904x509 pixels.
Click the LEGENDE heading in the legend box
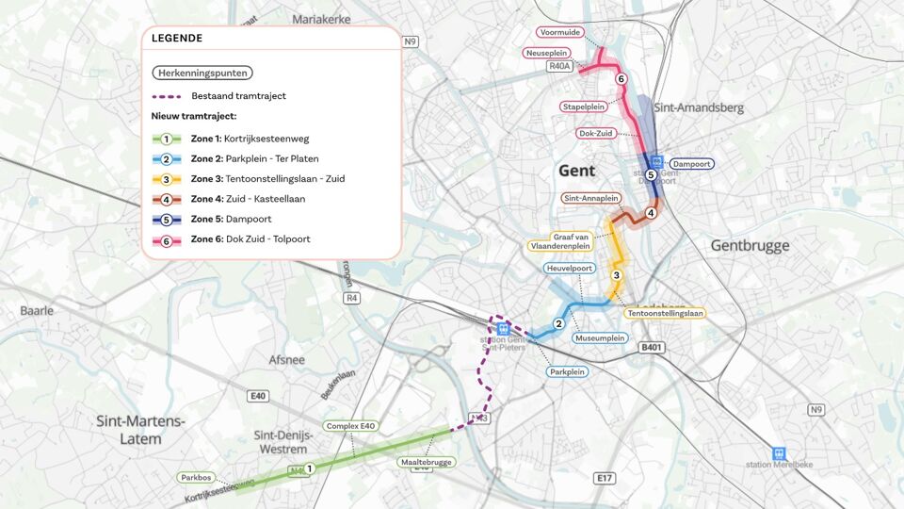(177, 39)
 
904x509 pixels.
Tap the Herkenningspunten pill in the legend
(202, 73)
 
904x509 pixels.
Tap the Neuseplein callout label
(547, 53)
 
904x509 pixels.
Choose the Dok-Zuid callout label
(595, 134)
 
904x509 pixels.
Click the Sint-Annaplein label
(590, 199)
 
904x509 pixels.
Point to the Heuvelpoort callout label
(569, 269)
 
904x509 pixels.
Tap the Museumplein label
(600, 337)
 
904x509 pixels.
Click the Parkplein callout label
(568, 371)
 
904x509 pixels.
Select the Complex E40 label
(350, 426)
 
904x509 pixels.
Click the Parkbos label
(196, 477)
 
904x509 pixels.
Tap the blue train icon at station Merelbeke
(779, 453)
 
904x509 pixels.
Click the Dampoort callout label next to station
(691, 164)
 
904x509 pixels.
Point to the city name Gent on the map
(576, 171)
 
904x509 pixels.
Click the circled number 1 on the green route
(309, 468)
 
